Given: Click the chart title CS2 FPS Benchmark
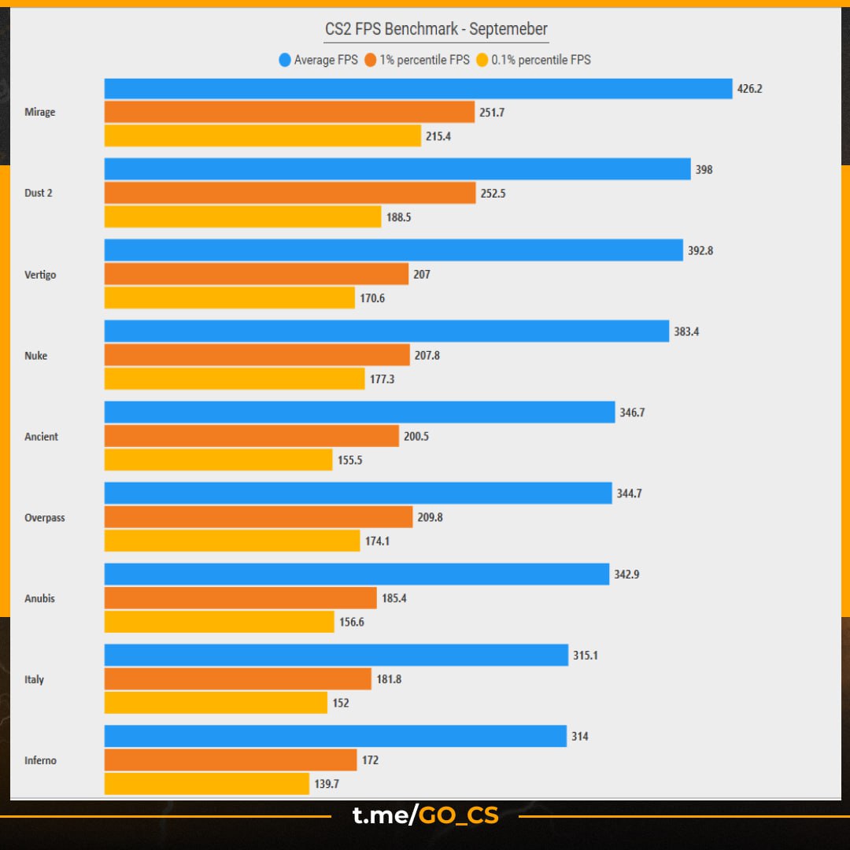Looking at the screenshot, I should [x=436, y=30].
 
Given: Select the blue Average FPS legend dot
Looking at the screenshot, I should [x=285, y=60].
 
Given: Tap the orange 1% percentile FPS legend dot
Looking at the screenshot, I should [x=371, y=60].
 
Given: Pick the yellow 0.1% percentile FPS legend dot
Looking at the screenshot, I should [x=482, y=60].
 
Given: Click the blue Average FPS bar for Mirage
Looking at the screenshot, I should [x=418, y=89].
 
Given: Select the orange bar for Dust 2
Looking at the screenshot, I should [x=290, y=193].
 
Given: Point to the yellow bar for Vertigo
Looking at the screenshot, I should [x=229, y=298].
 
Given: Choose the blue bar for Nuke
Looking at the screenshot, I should [x=386, y=331].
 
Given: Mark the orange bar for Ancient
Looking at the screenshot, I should [x=251, y=436].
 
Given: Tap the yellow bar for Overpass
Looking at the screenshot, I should [x=231, y=541].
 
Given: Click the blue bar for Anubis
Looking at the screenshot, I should [x=357, y=575].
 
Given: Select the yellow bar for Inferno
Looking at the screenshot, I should [x=206, y=784].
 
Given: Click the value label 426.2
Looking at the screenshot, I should [x=749, y=89].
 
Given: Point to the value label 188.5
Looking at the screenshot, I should [x=398, y=217].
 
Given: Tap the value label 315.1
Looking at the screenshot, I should [x=586, y=656].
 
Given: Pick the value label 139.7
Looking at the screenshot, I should [x=327, y=784].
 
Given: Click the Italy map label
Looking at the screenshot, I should [x=35, y=679].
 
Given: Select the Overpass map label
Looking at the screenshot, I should [x=45, y=518].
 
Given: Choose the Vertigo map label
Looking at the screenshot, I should [x=40, y=275].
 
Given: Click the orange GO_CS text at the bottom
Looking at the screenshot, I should [x=459, y=816].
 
